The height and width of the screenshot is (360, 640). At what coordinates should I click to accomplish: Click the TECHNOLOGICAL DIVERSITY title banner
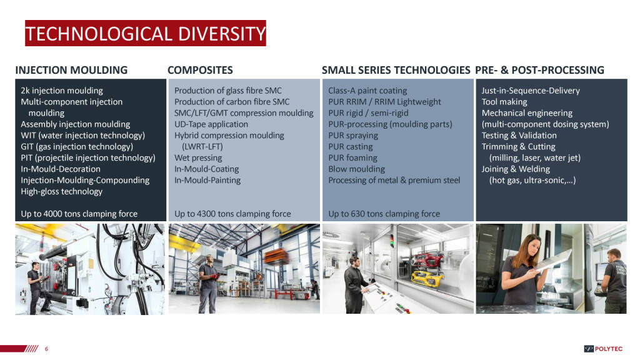tap(145, 33)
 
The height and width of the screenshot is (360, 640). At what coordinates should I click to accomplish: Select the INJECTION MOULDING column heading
tap(71, 70)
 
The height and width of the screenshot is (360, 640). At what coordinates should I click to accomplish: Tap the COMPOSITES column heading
tap(200, 70)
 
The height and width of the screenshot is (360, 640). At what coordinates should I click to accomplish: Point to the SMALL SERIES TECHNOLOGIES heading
tap(396, 70)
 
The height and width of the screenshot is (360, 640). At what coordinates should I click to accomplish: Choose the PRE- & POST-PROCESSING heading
tap(539, 70)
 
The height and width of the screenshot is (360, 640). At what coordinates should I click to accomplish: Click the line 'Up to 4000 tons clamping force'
tap(79, 214)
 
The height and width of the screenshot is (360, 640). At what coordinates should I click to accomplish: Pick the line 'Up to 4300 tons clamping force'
tap(232, 214)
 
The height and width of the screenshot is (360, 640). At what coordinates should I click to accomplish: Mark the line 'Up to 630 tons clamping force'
tap(384, 214)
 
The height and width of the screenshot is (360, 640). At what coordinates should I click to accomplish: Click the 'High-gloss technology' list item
tap(62, 191)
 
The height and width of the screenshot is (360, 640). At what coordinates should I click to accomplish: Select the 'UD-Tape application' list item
tap(211, 124)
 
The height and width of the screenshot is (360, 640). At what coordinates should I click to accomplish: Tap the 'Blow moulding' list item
tap(356, 169)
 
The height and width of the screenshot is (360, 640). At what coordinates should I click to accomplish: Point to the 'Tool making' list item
tap(504, 102)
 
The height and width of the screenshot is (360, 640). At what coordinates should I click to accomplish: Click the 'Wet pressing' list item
tap(198, 158)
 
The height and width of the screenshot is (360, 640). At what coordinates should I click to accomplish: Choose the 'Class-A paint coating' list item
tap(367, 91)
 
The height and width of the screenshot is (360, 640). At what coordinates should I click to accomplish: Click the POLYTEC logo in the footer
tap(603, 349)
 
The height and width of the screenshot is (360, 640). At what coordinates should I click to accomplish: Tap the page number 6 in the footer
tap(46, 349)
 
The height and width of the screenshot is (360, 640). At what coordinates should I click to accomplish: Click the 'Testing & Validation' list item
tap(519, 136)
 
